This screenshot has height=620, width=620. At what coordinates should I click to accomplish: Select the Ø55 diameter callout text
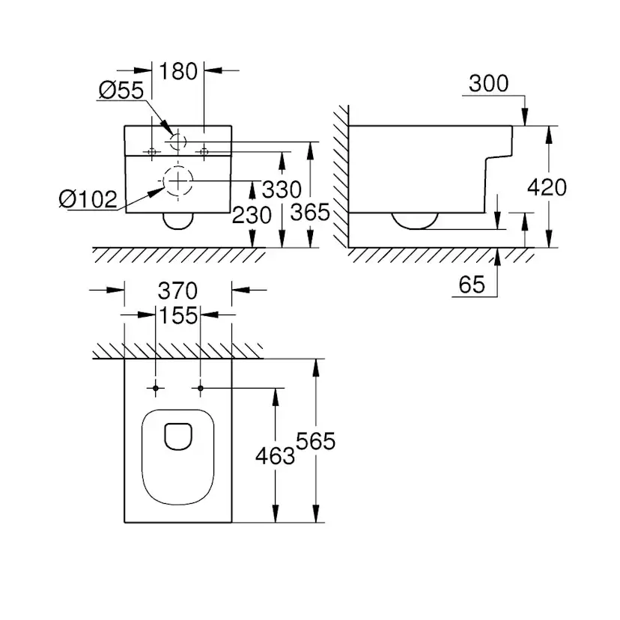point(121,91)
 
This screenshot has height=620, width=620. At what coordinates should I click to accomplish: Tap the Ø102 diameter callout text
point(88,199)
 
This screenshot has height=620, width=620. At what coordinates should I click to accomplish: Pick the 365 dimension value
point(309,213)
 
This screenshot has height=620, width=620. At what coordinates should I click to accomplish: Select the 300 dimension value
point(487,84)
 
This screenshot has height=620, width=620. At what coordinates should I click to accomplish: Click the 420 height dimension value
point(547,187)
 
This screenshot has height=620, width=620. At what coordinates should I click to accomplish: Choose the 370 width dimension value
point(177,290)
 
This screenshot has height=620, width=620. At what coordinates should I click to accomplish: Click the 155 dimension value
point(177,315)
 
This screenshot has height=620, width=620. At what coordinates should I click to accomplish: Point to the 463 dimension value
point(275,455)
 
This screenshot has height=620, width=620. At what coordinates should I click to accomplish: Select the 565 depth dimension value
point(315,442)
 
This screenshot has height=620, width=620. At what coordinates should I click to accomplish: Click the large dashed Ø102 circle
point(177,180)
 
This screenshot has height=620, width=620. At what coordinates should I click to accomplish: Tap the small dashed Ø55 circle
point(177,141)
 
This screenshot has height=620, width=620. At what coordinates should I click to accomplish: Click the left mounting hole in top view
point(156,388)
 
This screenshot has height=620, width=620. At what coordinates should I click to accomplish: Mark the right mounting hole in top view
point(200,388)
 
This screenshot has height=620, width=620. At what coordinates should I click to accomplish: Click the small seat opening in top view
point(177,437)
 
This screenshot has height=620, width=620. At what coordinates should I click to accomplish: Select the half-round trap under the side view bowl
point(414,220)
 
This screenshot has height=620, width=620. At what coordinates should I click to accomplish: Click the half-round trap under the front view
point(177,220)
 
